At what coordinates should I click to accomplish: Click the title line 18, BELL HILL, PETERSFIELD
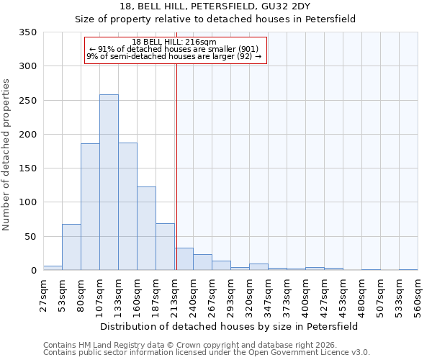point(215,6)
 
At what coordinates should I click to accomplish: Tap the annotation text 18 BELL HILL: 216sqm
point(175,42)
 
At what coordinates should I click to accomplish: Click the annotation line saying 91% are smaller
point(175,49)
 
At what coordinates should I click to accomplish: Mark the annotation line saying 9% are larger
point(175,56)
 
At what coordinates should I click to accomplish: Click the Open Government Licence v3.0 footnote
point(206,353)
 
